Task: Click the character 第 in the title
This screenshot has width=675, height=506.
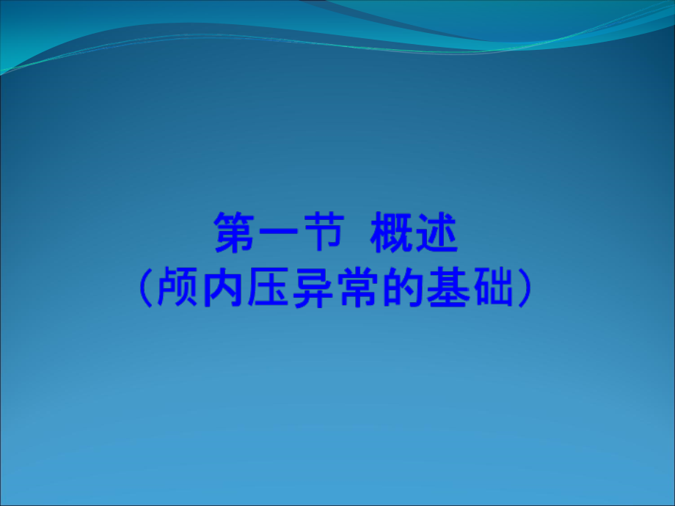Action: tap(234, 233)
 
